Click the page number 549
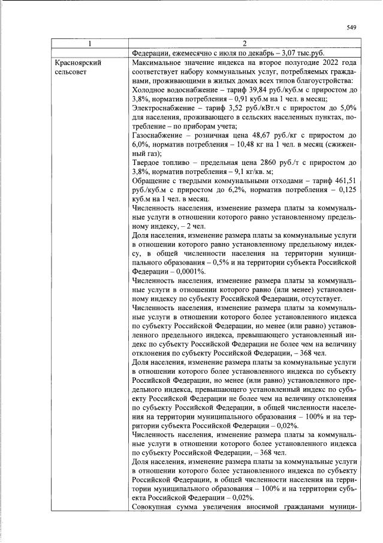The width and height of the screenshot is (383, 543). [x=352, y=27]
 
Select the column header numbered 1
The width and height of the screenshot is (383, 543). [x=90, y=43]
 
